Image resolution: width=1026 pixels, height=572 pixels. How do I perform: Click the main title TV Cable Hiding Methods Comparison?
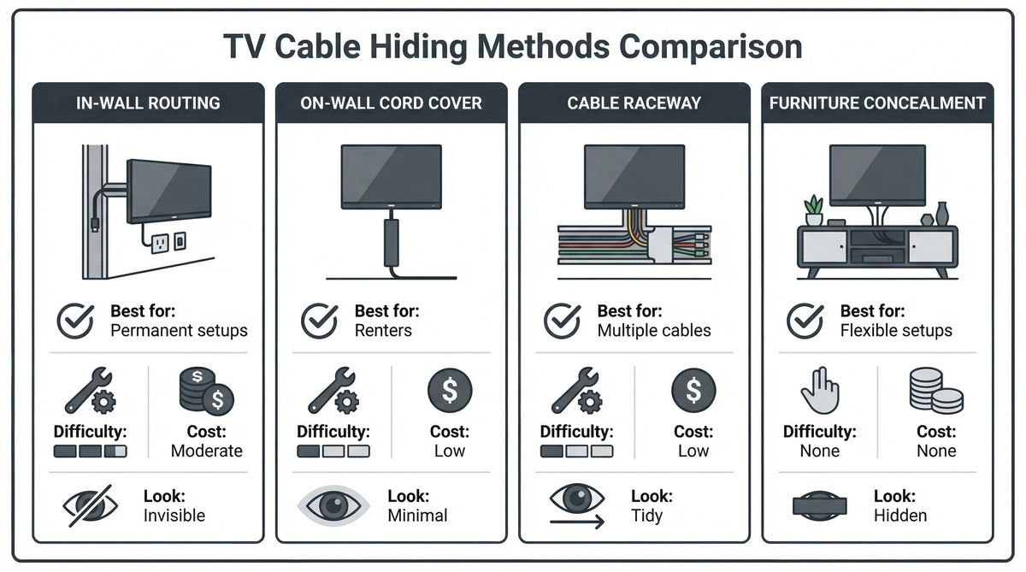(512, 46)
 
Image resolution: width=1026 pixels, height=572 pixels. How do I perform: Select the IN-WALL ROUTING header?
(148, 103)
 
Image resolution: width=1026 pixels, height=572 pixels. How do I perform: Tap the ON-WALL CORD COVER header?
(391, 103)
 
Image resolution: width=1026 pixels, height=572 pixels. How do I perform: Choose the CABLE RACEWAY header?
(634, 103)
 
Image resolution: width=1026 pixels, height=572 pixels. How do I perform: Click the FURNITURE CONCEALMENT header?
(877, 103)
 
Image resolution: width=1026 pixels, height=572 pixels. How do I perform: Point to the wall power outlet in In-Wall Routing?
(159, 244)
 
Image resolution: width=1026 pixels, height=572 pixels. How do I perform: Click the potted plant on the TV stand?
(814, 210)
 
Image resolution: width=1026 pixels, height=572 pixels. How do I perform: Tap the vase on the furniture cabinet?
(942, 213)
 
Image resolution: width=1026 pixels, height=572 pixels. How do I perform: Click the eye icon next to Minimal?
(334, 505)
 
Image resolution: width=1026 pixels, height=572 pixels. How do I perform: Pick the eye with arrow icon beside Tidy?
(577, 504)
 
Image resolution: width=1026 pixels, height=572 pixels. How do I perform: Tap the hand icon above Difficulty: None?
(817, 392)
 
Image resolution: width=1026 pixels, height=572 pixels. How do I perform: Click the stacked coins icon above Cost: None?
(935, 392)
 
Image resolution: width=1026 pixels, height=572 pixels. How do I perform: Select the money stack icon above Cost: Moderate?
(206, 392)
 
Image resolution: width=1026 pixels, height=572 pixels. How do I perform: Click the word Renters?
(383, 330)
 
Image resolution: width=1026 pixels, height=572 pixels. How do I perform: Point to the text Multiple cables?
(654, 330)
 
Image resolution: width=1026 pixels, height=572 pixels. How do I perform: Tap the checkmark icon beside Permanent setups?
(75, 321)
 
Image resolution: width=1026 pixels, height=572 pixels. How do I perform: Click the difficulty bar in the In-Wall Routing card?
(90, 451)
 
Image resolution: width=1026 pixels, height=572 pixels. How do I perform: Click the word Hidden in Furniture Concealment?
(900, 515)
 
